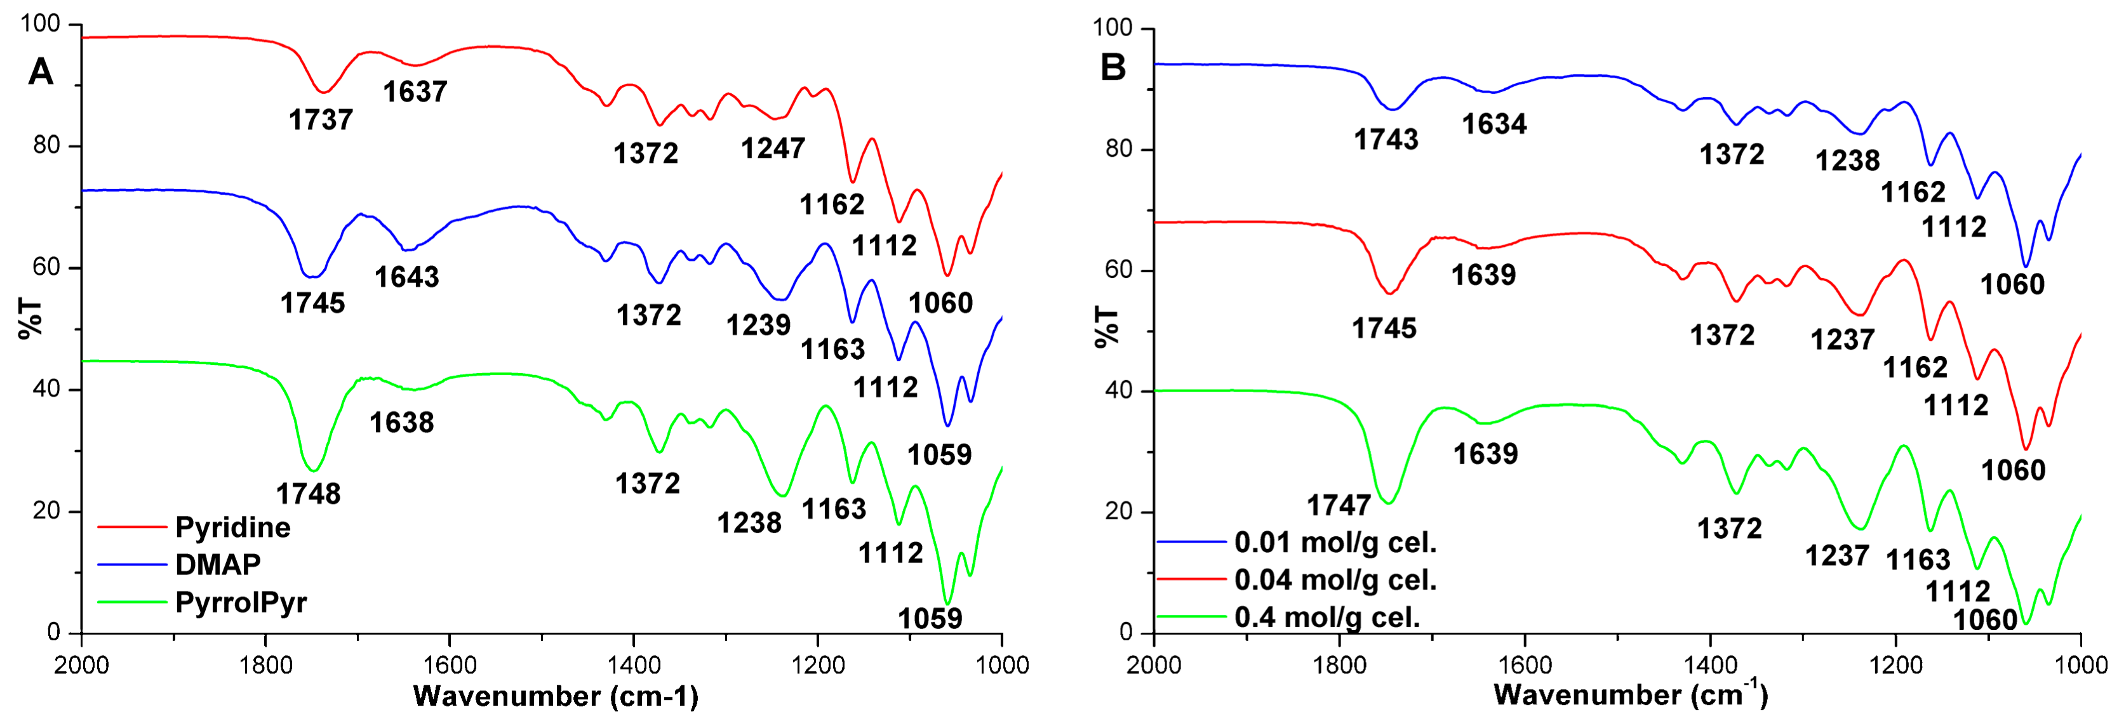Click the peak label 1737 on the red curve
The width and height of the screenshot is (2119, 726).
pyautogui.click(x=320, y=120)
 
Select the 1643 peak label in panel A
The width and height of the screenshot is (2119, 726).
pyautogui.click(x=406, y=277)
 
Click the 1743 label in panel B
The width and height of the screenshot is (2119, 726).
pyautogui.click(x=1386, y=140)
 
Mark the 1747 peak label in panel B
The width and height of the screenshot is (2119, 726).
pyautogui.click(x=1339, y=505)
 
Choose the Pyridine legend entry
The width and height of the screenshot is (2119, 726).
pyautogui.click(x=233, y=527)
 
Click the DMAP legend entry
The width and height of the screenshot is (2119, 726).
pyautogui.click(x=218, y=564)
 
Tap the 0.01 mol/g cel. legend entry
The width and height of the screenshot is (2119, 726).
pyautogui.click(x=1335, y=543)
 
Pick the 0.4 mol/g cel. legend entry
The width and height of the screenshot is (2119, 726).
pyautogui.click(x=1327, y=617)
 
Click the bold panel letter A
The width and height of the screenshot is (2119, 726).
pyautogui.click(x=40, y=72)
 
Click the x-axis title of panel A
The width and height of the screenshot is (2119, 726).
pyautogui.click(x=555, y=696)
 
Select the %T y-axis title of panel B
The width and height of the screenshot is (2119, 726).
pyautogui.click(x=1107, y=326)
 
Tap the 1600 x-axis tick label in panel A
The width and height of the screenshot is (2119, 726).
pyautogui.click(x=449, y=664)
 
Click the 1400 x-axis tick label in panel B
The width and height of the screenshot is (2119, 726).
pyautogui.click(x=1710, y=664)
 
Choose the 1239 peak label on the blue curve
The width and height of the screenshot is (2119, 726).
pyautogui.click(x=758, y=325)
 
